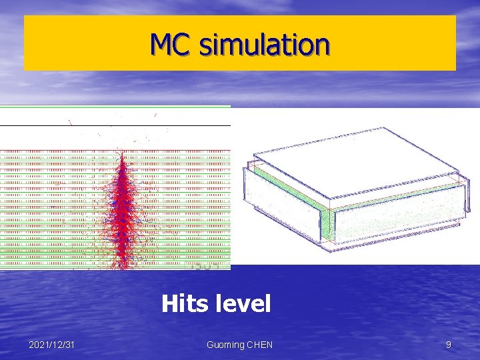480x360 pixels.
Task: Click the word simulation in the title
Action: point(264,44)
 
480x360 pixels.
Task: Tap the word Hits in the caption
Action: point(184,304)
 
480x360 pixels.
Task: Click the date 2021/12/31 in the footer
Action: point(52,345)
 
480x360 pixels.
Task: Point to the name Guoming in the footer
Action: point(227,345)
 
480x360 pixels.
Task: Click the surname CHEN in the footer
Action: point(260,345)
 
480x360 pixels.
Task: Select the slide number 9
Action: point(448,345)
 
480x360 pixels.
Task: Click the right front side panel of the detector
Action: point(400,217)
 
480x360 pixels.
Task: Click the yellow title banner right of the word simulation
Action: point(393,44)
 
